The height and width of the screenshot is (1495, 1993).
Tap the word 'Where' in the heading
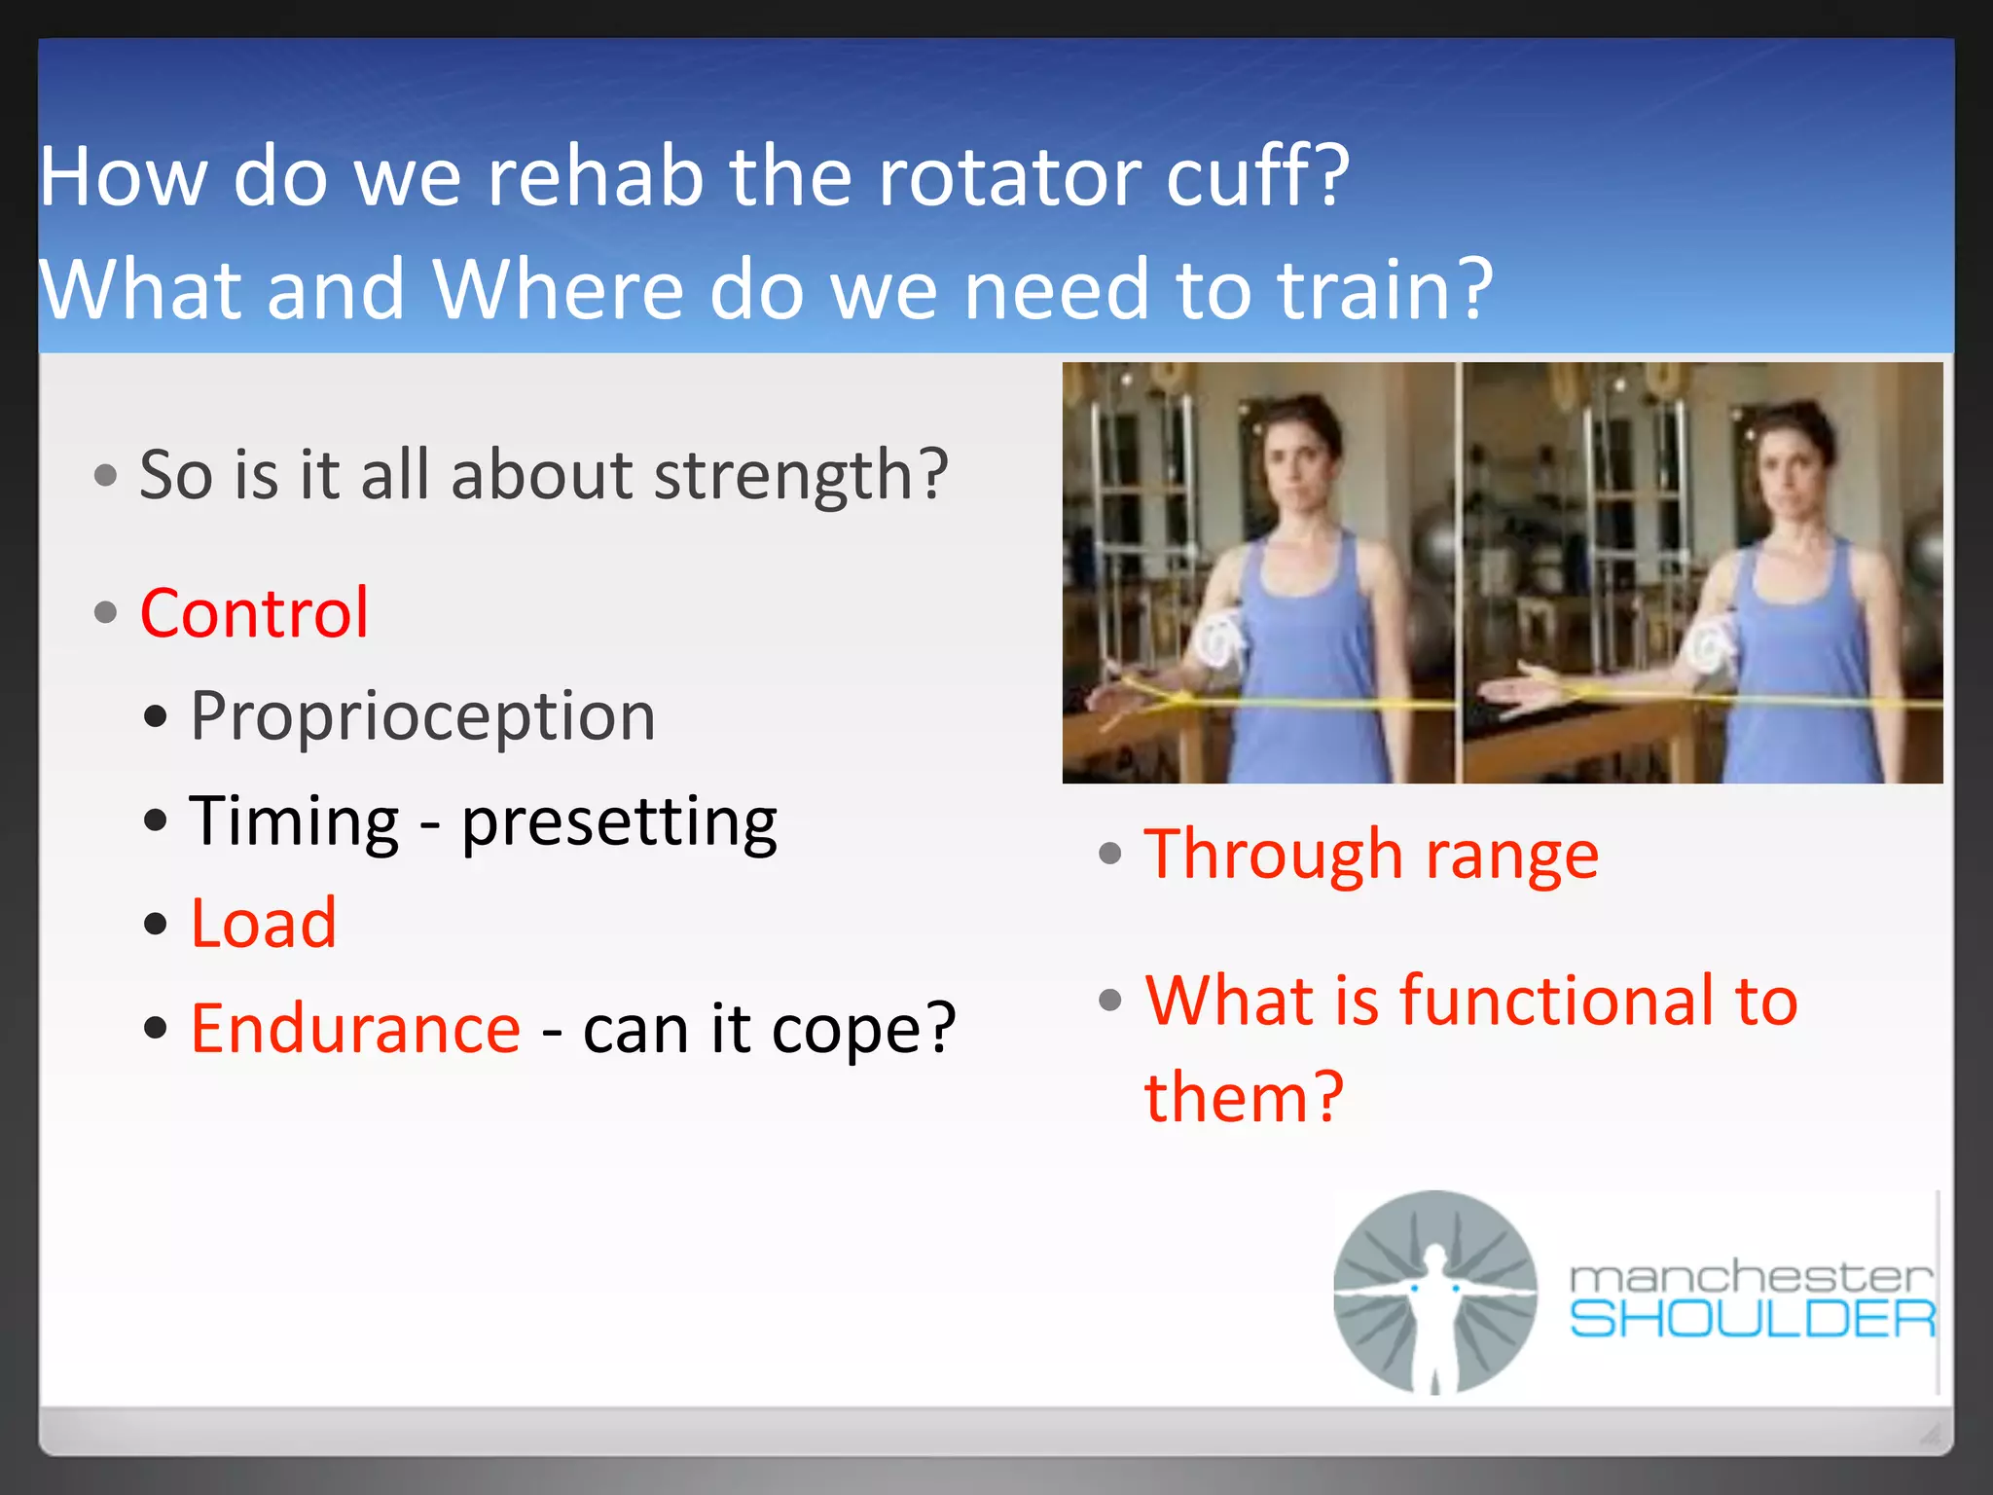[x=557, y=289]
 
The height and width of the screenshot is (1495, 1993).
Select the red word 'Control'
[x=254, y=613]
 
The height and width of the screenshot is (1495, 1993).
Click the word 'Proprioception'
[x=422, y=717]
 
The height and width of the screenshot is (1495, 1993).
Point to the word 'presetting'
[x=619, y=822]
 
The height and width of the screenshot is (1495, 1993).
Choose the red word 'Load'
[x=263, y=924]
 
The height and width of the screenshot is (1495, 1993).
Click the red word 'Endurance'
[x=355, y=1029]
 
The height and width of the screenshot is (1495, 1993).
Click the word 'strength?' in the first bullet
[x=800, y=476]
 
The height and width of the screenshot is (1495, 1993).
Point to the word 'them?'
[x=1243, y=1098]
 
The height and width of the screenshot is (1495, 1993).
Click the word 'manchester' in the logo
[x=1750, y=1276]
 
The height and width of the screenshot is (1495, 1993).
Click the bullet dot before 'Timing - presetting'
[x=155, y=820]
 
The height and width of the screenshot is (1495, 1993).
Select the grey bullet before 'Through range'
[x=1109, y=855]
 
